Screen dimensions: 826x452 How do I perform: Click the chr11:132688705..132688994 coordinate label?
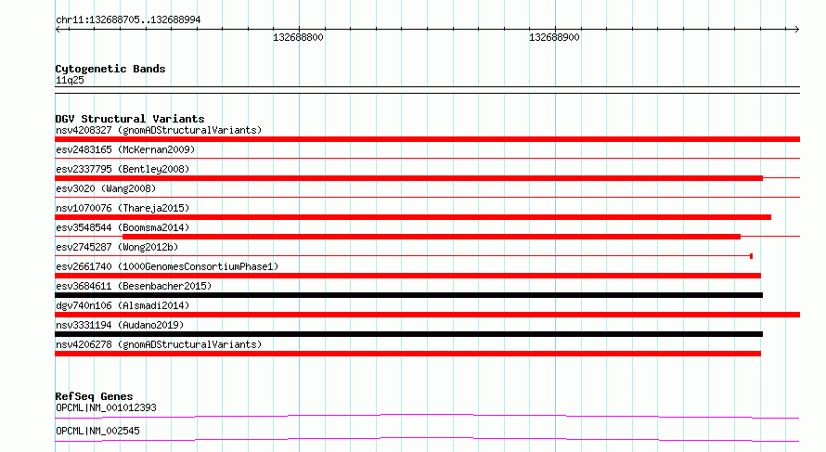(x=128, y=20)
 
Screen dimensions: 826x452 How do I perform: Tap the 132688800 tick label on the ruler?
(x=298, y=37)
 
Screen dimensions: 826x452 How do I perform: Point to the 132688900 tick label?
(x=554, y=37)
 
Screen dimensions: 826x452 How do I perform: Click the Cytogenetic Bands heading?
(x=110, y=69)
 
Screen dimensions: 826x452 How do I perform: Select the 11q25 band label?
(x=70, y=80)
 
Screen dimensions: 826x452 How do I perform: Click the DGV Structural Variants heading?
(x=130, y=119)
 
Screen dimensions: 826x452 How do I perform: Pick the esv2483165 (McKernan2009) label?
(x=125, y=149)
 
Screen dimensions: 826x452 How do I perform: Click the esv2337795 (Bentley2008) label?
(x=123, y=169)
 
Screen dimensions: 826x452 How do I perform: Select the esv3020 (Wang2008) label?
(x=106, y=188)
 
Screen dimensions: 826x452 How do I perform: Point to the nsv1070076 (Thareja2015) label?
(x=123, y=208)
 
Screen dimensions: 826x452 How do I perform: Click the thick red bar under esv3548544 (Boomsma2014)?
(x=432, y=237)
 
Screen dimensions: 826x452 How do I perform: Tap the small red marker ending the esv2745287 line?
(x=751, y=256)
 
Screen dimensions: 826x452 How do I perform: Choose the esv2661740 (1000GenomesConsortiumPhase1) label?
(x=167, y=266)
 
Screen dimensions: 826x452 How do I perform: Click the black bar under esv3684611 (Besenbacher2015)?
(x=408, y=295)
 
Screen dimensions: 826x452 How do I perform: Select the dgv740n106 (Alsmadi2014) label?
(x=123, y=305)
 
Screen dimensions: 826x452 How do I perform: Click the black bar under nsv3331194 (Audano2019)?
(x=408, y=334)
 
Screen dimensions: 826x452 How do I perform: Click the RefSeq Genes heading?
(x=94, y=396)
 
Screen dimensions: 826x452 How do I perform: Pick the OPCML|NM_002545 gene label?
(x=97, y=431)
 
